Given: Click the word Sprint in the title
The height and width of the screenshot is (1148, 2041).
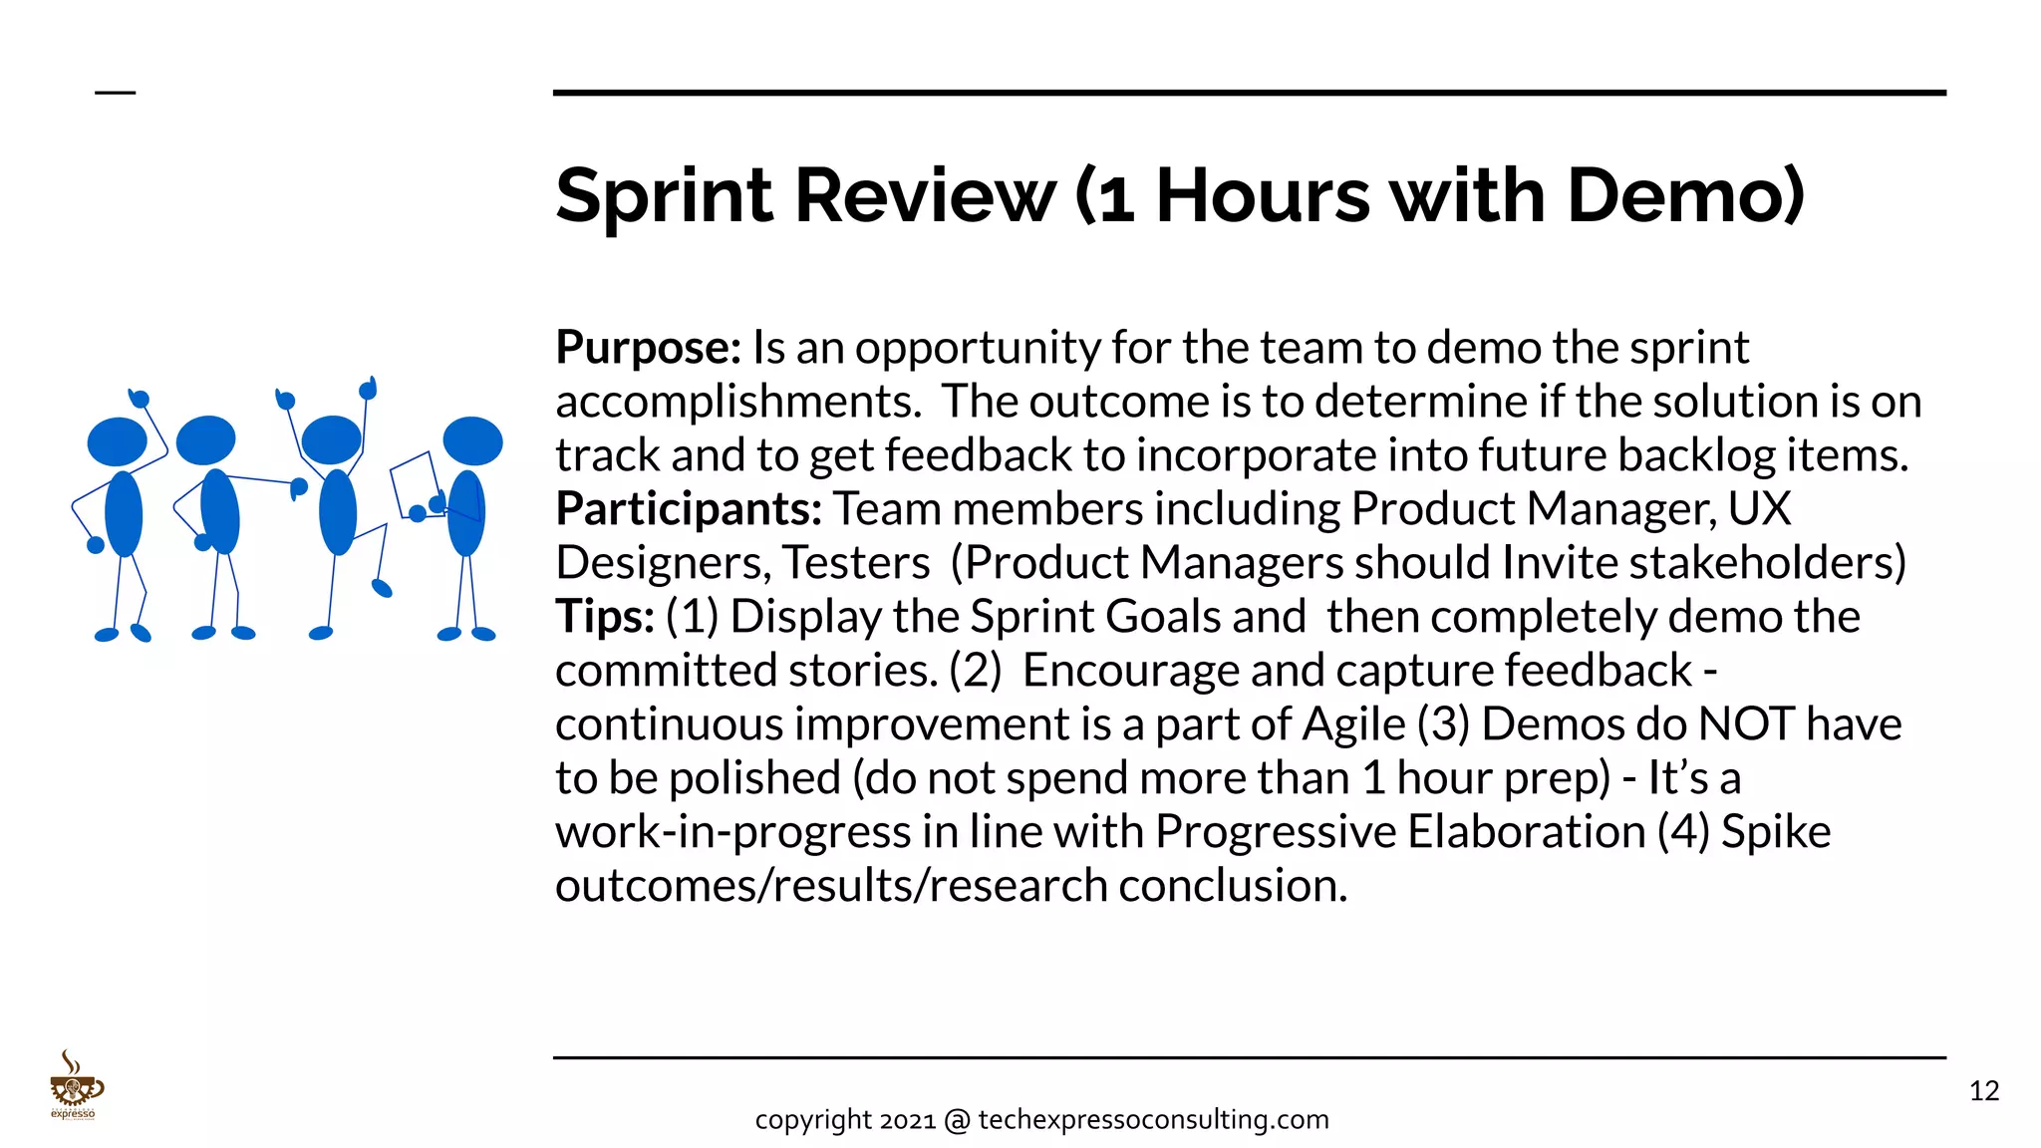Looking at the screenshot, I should click(664, 195).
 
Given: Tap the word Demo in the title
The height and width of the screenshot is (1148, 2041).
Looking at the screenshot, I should click(1684, 195).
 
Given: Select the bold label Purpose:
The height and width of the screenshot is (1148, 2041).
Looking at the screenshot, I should click(648, 348).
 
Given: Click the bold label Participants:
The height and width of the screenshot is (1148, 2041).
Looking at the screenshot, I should click(689, 509).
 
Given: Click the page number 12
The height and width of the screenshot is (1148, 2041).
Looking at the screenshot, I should click(1984, 1091).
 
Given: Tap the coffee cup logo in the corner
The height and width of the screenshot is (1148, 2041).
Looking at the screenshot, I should click(75, 1086).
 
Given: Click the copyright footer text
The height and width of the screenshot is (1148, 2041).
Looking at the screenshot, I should click(1041, 1120).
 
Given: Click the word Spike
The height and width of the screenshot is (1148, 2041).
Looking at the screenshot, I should click(1776, 832).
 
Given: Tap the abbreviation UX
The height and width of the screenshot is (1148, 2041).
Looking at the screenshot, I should click(1759, 509).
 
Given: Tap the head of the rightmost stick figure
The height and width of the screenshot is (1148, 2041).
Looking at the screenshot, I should click(472, 440).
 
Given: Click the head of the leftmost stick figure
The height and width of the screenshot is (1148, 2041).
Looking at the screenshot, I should click(118, 441).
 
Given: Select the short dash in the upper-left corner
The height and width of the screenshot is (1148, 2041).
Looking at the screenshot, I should click(115, 93).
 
